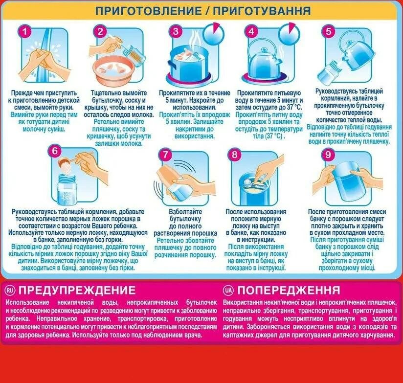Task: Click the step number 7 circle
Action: (x=167, y=155)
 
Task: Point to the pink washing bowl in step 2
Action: (x=115, y=69)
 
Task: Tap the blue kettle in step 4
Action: (x=266, y=63)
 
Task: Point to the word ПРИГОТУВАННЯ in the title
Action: (x=264, y=10)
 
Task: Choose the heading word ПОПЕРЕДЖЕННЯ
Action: (x=289, y=290)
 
